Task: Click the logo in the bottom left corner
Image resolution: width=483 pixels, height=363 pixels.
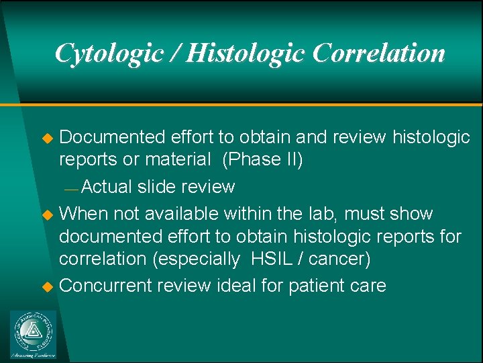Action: [x=33, y=334]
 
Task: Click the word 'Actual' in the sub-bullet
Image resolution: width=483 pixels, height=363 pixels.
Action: [x=108, y=187]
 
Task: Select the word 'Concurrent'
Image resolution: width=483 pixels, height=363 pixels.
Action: [x=105, y=286]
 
